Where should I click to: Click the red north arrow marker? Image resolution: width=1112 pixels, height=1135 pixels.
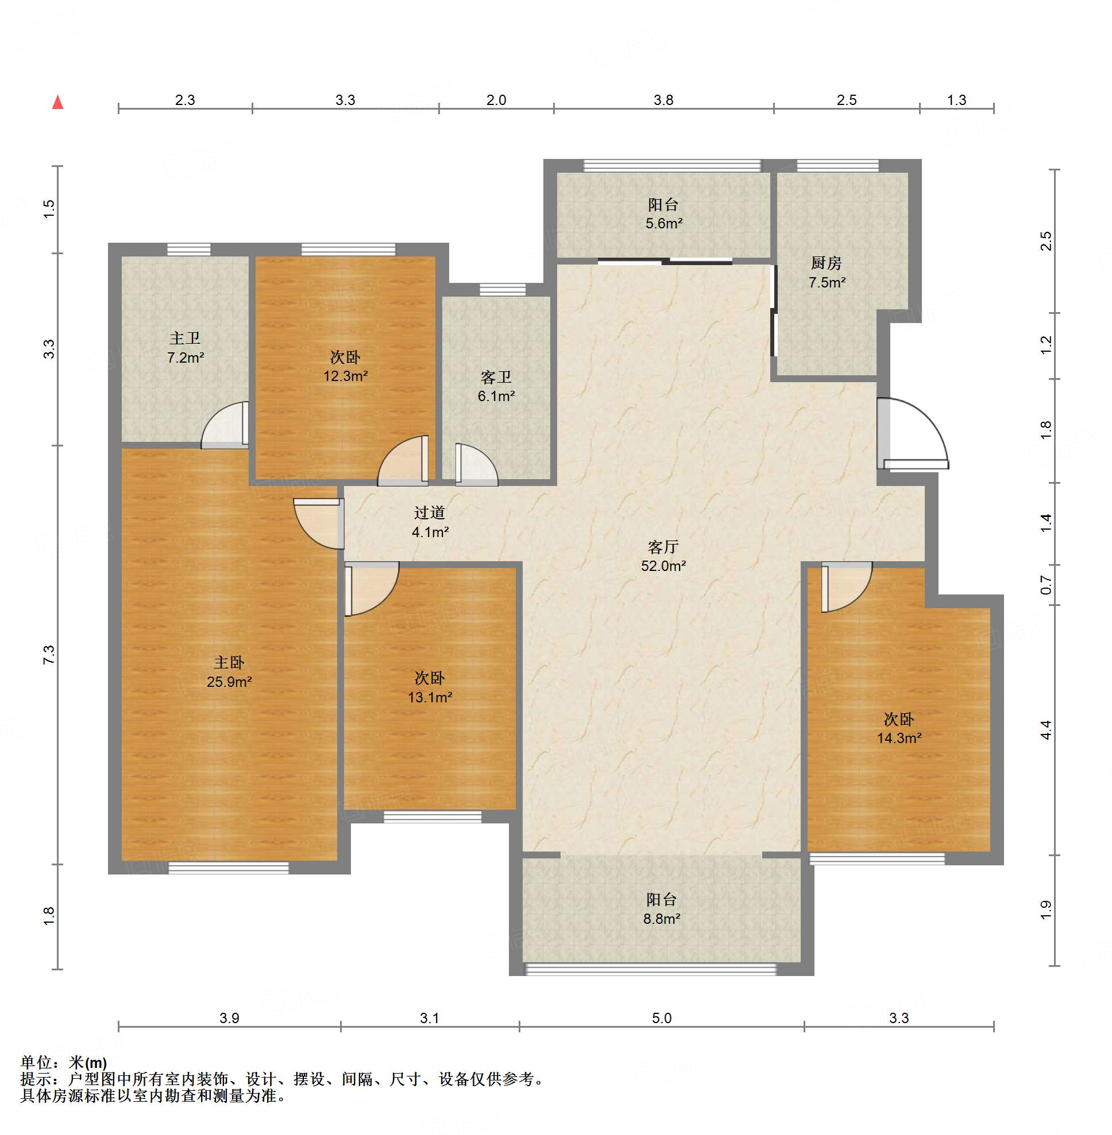click(x=58, y=102)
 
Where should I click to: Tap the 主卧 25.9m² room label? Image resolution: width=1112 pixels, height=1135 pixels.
click(x=229, y=672)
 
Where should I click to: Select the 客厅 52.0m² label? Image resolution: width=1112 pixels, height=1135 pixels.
click(x=663, y=556)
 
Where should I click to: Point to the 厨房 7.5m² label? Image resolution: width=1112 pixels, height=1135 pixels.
click(x=827, y=273)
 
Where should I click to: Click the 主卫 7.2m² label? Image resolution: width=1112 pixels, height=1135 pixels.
click(x=185, y=348)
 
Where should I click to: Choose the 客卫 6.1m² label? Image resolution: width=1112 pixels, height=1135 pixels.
click(x=496, y=386)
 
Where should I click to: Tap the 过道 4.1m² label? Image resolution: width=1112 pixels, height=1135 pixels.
click(x=430, y=522)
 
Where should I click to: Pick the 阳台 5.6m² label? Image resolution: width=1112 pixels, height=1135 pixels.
click(x=663, y=213)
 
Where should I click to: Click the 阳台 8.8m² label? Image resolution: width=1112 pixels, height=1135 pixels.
click(x=662, y=909)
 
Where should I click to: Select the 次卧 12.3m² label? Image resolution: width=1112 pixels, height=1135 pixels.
click(x=345, y=367)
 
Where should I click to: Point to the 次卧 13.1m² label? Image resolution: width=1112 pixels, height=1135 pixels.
click(x=430, y=687)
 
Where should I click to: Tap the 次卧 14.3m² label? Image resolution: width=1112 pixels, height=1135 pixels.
click(x=899, y=728)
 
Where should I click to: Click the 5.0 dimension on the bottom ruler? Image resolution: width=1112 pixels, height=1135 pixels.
click(x=662, y=1019)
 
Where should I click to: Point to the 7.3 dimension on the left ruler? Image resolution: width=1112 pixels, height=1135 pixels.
click(x=49, y=654)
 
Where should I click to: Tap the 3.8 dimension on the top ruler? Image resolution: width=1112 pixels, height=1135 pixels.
click(x=663, y=100)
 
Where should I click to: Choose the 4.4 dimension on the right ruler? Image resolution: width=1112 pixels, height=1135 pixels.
click(x=1046, y=730)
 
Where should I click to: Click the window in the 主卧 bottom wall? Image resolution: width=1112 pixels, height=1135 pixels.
click(x=229, y=868)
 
